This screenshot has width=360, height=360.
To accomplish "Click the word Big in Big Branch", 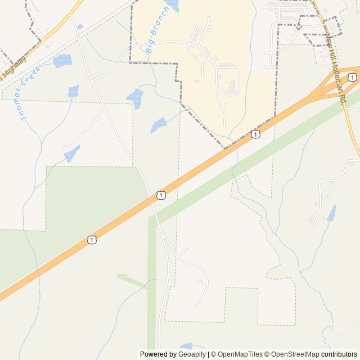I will [x=150, y=48].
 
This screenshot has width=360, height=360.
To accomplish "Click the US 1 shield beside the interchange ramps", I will [x=351, y=77].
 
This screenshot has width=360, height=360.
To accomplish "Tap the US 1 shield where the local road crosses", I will [x=161, y=195].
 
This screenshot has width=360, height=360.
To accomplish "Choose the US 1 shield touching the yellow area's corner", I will [x=256, y=134].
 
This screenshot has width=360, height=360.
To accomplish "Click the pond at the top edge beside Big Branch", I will [x=172, y=6].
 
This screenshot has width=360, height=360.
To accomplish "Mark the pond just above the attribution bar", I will [x=186, y=346].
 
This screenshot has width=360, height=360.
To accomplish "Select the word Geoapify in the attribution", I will [x=193, y=354].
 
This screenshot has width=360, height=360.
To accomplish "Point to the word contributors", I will [x=339, y=354].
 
